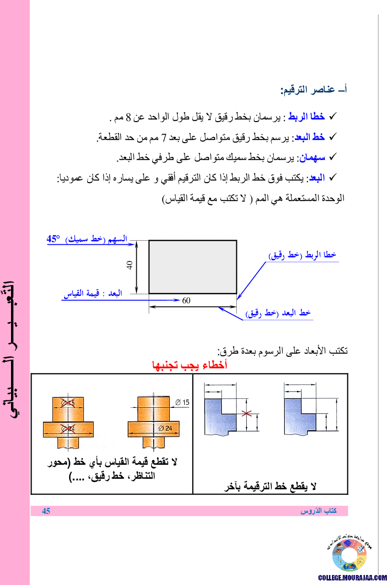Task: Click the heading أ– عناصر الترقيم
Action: tap(313, 90)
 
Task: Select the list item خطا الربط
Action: tap(306, 117)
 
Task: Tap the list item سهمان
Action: tap(312, 158)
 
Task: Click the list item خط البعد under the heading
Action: tap(310, 137)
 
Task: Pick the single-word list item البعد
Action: tap(317, 178)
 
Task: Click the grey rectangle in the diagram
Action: tap(193, 267)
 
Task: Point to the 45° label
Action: tap(53, 239)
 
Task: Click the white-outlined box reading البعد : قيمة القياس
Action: tap(93, 293)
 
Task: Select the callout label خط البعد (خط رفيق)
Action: tap(278, 313)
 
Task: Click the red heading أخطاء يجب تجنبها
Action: tap(189, 365)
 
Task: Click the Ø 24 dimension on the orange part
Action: tap(164, 428)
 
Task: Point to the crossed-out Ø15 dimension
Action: tap(68, 403)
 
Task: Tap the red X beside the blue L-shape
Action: tap(245, 413)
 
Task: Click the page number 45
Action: tap(46, 511)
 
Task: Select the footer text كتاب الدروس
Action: tap(318, 511)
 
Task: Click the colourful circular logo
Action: tap(349, 555)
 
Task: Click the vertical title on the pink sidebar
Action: tap(15, 345)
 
